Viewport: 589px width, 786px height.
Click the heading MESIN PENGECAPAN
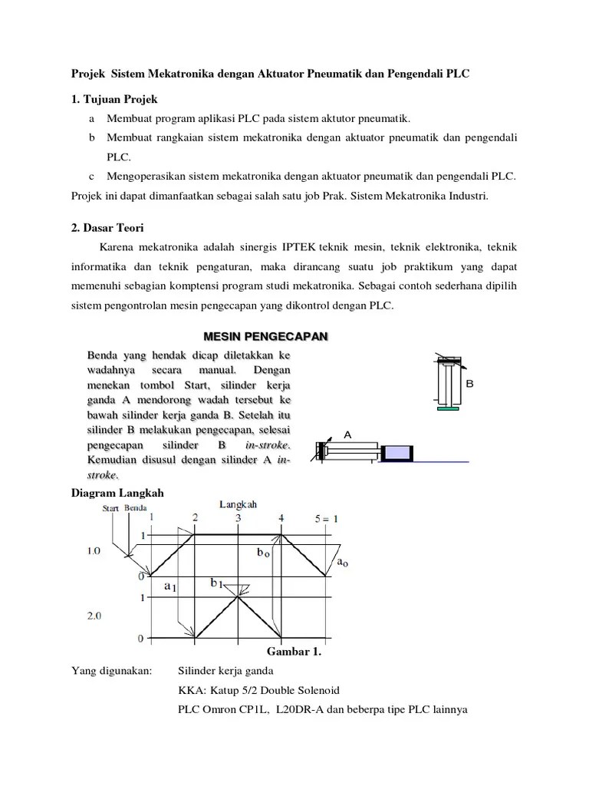pos(265,337)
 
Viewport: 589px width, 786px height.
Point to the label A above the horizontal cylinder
pos(347,435)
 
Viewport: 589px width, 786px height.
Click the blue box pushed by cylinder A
pos(397,453)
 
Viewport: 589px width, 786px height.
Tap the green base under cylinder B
pos(449,408)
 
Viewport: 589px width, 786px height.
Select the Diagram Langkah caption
pos(117,493)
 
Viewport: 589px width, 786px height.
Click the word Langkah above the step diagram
pos(239,504)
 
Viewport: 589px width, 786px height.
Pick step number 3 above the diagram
pos(239,519)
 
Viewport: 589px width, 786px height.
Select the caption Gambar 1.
pos(293,652)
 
